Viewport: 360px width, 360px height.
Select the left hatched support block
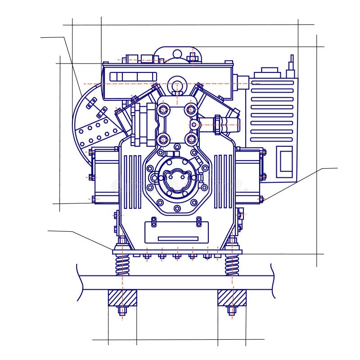coord(122,298)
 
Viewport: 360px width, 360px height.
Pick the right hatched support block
coord(232,298)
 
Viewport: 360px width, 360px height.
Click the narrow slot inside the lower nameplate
coord(178,238)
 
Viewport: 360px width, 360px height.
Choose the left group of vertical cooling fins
coord(132,182)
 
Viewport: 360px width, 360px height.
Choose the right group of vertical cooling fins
coord(223,182)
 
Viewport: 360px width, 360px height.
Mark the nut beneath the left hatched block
coord(122,310)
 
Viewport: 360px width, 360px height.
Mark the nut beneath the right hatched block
coord(232,310)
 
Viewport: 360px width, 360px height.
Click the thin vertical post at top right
coord(291,65)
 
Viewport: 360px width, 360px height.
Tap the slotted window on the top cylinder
coord(133,76)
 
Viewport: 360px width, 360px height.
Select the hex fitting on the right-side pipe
coord(218,125)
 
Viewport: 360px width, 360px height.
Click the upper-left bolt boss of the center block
coord(164,109)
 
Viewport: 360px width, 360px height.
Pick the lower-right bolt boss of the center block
coord(191,139)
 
